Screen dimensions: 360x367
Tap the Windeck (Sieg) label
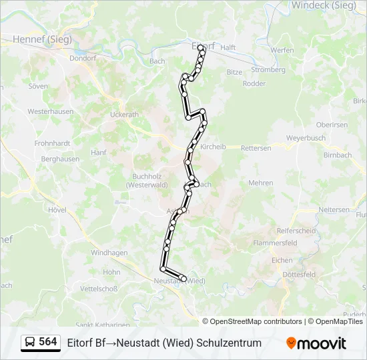point(323,5)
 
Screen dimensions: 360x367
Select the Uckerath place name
point(124,114)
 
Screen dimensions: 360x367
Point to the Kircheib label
point(214,147)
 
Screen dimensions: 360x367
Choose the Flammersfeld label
point(275,243)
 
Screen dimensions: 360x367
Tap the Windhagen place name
point(109,253)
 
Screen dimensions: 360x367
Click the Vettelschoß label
point(99,289)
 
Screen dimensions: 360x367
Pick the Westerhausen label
point(49,111)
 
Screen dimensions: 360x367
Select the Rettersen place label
point(256,148)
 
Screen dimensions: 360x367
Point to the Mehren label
point(260,183)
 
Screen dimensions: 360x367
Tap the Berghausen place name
point(60,159)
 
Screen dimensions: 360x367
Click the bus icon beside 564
point(30,343)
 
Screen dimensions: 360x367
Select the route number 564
point(48,342)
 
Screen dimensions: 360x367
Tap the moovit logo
point(316,343)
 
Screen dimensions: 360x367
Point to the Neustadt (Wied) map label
point(179,281)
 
